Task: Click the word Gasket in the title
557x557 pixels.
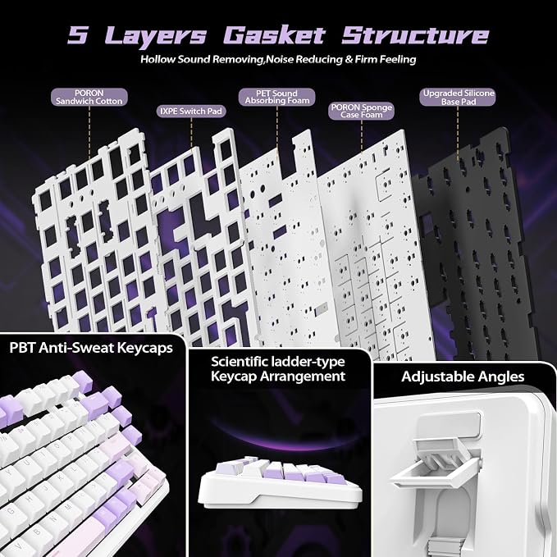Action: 275,35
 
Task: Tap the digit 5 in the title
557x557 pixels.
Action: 77,35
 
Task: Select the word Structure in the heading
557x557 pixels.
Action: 415,35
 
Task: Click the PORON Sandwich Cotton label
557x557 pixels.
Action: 89,98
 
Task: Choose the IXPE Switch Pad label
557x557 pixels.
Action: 191,112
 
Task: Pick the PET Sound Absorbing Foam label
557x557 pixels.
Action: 276,98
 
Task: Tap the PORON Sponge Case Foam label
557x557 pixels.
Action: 362,111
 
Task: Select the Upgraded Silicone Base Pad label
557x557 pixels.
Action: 458,98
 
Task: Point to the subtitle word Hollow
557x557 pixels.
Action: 158,59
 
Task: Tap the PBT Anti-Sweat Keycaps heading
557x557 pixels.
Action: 91,348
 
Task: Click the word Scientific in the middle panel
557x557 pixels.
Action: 240,362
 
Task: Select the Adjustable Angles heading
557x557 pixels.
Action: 463,377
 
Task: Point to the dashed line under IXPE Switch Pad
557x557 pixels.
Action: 191,132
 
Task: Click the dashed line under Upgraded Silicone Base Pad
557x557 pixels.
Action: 458,133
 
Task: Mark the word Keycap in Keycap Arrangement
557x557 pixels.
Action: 234,377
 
